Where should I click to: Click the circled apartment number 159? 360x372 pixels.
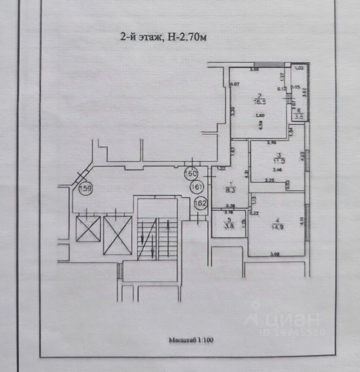pos(85,189)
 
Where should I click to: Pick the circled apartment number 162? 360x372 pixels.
pos(201,202)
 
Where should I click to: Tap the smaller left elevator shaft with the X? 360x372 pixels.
pos(88,228)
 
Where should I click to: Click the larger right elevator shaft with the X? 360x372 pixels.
pos(118,235)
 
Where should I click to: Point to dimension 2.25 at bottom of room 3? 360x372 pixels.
pos(270,180)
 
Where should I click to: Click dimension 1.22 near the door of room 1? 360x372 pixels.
pos(221,169)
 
